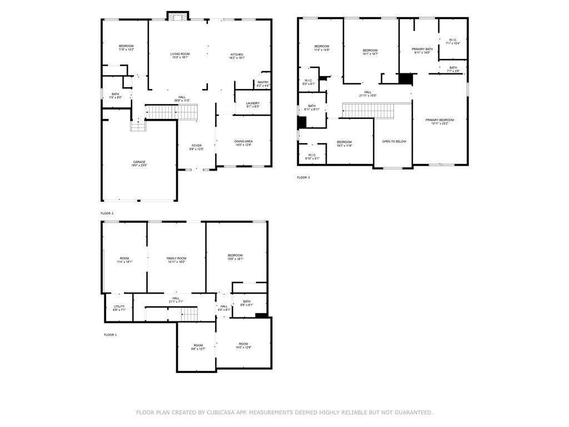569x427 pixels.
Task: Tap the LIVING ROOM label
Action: [x=180, y=54]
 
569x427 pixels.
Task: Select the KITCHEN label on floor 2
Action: [x=237, y=54]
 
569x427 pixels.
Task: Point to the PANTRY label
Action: [x=263, y=82]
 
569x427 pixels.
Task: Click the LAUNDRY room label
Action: [x=253, y=103]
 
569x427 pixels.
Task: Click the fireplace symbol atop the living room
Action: [x=178, y=16]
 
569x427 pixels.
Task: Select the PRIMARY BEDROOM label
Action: [x=440, y=120]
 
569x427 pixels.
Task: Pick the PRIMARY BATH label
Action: [x=422, y=49]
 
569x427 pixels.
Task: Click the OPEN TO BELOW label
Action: [x=394, y=141]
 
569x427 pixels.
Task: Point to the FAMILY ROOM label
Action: [x=176, y=258]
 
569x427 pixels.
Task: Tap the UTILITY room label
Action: [x=119, y=306]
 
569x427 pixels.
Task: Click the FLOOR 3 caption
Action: [x=303, y=177]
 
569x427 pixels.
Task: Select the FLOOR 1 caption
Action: [x=111, y=335]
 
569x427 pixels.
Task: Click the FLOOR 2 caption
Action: [x=107, y=213]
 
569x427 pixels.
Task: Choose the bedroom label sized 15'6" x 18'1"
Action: [x=235, y=256]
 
